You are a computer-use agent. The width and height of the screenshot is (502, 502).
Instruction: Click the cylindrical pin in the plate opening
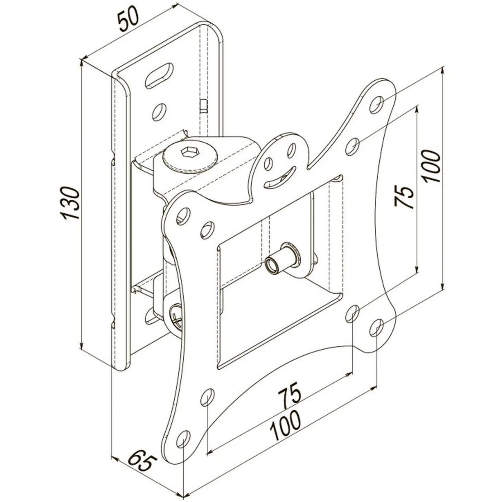(x=282, y=261)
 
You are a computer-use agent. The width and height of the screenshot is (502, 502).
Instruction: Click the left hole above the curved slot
(x=267, y=164)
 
